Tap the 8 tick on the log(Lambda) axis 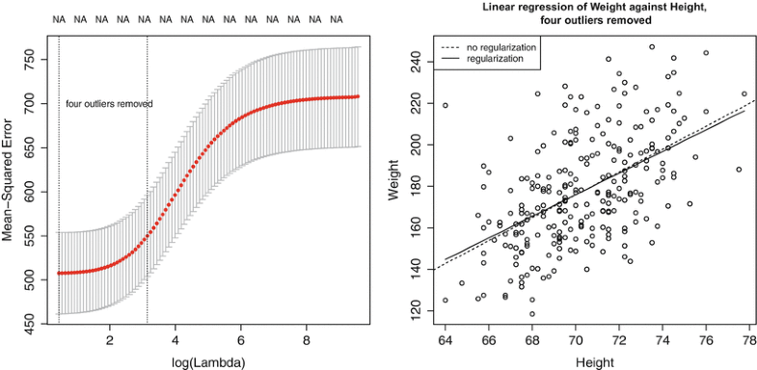[x=306, y=340]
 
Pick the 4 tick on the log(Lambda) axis [x=175, y=340]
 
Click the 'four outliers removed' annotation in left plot [x=109, y=103]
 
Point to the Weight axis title [x=393, y=182]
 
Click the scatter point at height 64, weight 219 [x=445, y=105]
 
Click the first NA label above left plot [x=59, y=18]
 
